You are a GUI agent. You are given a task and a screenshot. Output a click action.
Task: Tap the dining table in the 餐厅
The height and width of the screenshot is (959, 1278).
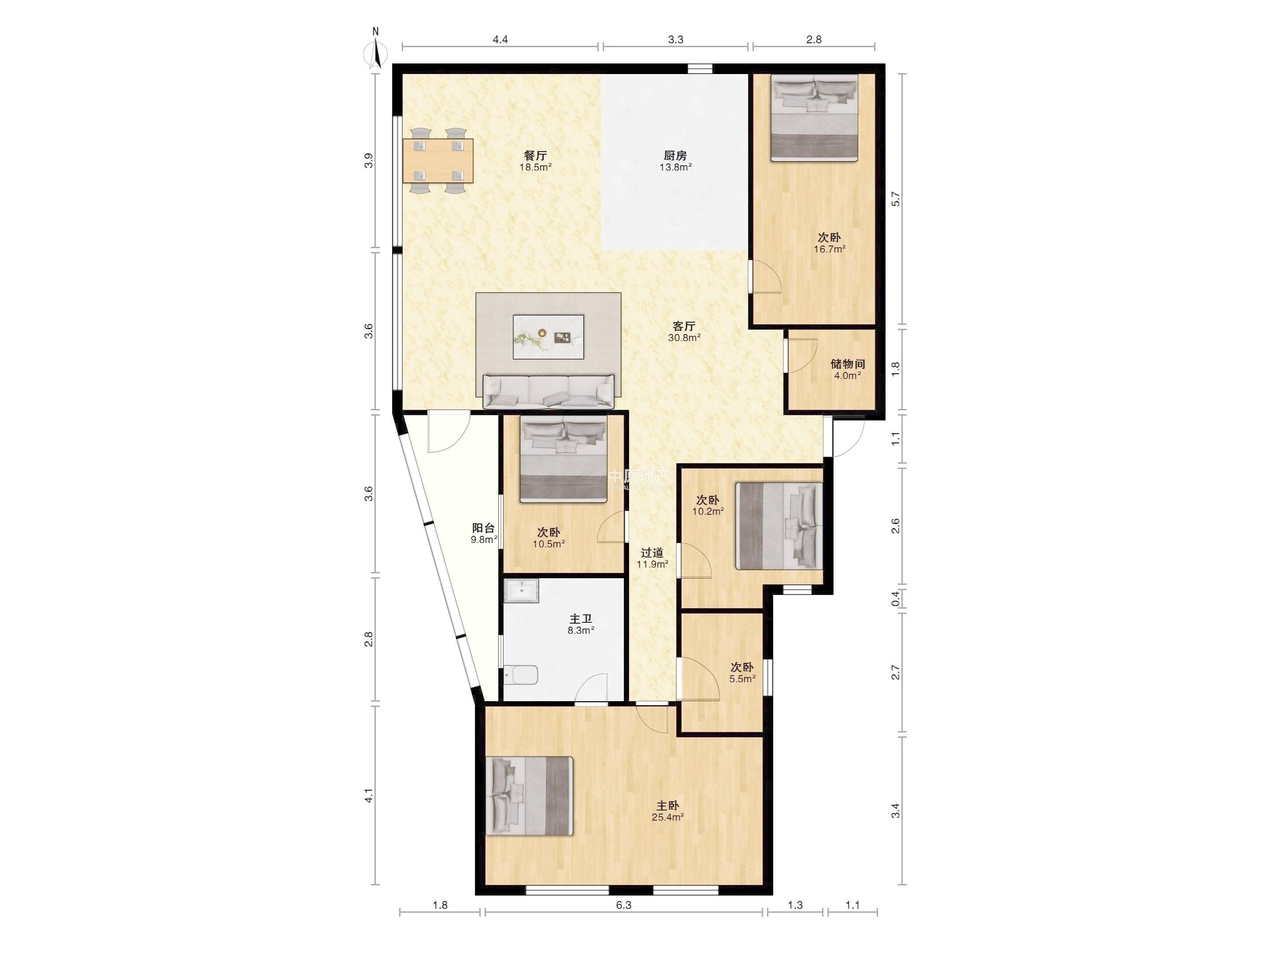(x=438, y=161)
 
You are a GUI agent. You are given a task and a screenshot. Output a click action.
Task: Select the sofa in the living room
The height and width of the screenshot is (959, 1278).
(x=548, y=391)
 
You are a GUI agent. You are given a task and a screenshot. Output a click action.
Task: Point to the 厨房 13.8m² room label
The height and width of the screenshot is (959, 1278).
(x=675, y=161)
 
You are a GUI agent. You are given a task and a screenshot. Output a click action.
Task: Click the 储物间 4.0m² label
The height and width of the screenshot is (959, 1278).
(x=848, y=369)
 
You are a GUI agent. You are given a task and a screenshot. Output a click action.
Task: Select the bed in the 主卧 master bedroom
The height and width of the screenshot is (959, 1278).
(x=529, y=796)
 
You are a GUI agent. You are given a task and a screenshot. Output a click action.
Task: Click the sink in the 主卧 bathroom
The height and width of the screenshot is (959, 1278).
(x=521, y=591)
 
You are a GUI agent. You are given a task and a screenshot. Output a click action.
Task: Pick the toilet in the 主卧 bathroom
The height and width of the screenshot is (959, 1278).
(x=521, y=674)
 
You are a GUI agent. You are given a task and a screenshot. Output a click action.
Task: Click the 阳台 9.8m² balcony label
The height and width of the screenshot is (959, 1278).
(x=484, y=533)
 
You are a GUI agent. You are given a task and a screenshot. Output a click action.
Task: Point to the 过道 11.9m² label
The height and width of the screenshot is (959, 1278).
(x=652, y=558)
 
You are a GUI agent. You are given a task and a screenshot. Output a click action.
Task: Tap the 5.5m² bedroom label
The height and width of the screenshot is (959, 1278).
(x=742, y=672)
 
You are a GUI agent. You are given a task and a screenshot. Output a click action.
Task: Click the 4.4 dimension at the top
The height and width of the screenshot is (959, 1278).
(x=500, y=39)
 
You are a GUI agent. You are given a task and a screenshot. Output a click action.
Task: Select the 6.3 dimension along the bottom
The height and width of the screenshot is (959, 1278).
(x=623, y=905)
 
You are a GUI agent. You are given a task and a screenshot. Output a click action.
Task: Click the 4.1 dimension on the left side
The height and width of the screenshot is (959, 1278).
(x=368, y=795)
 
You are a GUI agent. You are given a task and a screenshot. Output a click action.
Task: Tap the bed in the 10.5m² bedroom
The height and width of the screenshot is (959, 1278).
(x=563, y=458)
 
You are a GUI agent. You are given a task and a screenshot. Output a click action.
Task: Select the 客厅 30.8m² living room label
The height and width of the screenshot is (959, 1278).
(x=684, y=331)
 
